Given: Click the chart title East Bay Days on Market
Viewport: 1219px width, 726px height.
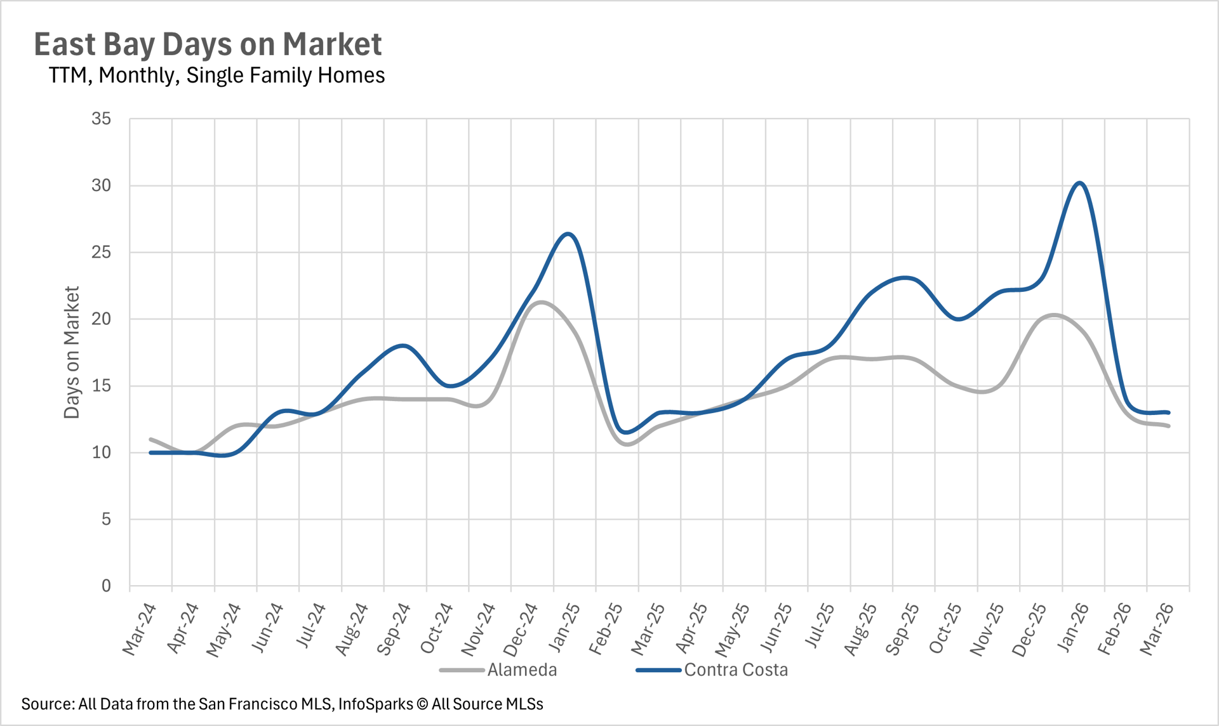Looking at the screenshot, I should [208, 44].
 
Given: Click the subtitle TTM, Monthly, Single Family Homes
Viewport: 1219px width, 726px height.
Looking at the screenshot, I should [216, 76].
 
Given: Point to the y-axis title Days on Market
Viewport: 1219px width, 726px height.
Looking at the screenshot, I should [72, 352].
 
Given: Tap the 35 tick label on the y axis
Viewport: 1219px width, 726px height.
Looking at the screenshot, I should [101, 119].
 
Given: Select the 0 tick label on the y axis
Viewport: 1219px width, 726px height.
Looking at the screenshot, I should [106, 586].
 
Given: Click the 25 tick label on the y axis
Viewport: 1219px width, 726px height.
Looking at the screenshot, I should [101, 253].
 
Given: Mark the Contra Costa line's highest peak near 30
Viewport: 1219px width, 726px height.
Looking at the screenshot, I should [1080, 183].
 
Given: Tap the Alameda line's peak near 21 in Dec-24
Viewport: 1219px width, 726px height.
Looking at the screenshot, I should [540, 302].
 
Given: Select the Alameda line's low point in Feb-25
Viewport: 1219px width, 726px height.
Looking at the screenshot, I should [627, 444].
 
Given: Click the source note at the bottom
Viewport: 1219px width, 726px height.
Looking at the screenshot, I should [282, 704].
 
